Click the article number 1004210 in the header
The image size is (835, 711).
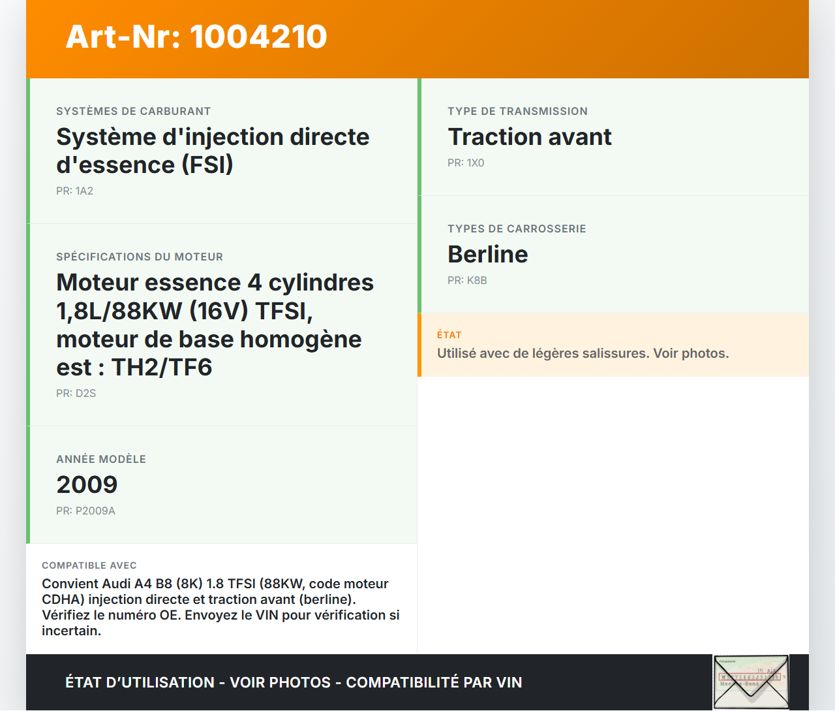coord(258,37)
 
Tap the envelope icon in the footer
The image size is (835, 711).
coord(750,682)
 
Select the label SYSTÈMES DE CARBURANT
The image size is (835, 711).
coord(133,112)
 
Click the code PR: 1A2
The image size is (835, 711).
coord(74,191)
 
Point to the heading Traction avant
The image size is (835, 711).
coord(529,137)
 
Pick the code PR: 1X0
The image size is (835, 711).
coord(466,163)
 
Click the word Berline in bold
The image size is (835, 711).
coord(487,255)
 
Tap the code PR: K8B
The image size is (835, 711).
coord(467,281)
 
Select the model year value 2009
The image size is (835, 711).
coord(87,485)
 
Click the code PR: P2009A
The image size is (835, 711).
coord(85,511)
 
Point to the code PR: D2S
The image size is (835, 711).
coord(76,394)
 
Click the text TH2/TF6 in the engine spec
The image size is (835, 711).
coord(162,368)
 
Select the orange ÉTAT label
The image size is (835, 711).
coord(449,335)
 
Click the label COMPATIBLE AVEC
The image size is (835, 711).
coord(89,565)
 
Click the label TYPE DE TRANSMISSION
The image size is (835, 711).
coord(517,112)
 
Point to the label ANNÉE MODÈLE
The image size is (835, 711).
coord(101,460)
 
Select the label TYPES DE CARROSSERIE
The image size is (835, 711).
coord(517,229)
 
